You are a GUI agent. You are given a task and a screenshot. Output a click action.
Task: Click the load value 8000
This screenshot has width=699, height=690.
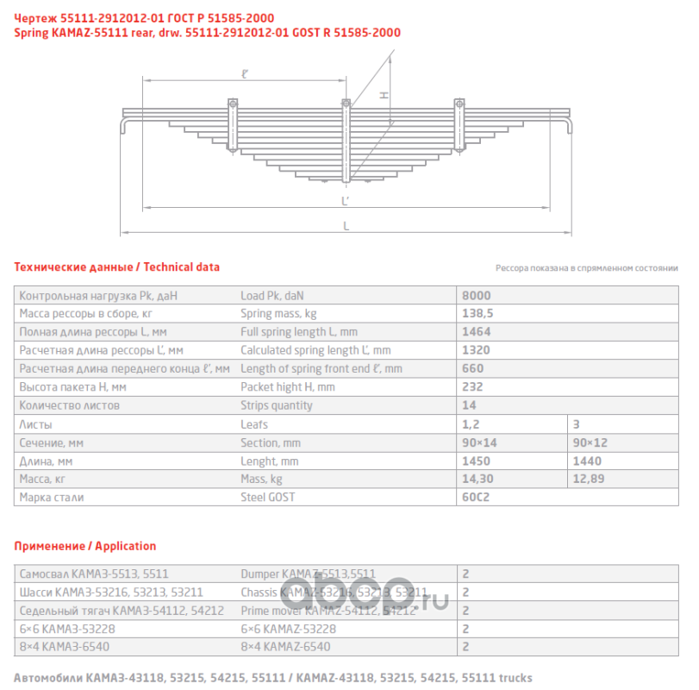click(477, 295)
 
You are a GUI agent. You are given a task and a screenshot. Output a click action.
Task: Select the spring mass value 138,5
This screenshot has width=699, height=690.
click(477, 313)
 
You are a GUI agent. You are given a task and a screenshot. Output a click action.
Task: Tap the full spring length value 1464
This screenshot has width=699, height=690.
click(477, 331)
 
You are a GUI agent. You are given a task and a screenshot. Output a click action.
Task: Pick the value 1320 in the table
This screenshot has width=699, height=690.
click(477, 350)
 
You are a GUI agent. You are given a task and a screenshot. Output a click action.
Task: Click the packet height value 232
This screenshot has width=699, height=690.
click(473, 387)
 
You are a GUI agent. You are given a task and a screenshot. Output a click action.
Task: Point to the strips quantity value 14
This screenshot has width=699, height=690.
click(470, 405)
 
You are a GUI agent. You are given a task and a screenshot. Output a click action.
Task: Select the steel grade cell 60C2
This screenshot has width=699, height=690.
click(477, 498)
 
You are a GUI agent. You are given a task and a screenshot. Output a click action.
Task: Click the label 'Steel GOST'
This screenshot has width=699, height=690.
click(267, 498)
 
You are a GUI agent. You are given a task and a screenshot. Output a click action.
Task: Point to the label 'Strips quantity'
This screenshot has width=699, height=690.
click(276, 405)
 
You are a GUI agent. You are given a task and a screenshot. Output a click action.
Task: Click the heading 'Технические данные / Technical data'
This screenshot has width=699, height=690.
click(117, 267)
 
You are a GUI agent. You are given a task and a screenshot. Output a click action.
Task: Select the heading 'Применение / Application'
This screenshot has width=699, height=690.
click(85, 546)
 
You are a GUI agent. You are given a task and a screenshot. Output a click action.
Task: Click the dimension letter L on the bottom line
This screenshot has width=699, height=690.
click(346, 226)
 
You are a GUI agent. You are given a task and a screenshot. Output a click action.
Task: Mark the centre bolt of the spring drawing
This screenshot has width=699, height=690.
click(346, 142)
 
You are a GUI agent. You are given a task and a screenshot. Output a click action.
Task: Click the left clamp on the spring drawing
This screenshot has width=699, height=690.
click(232, 121)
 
